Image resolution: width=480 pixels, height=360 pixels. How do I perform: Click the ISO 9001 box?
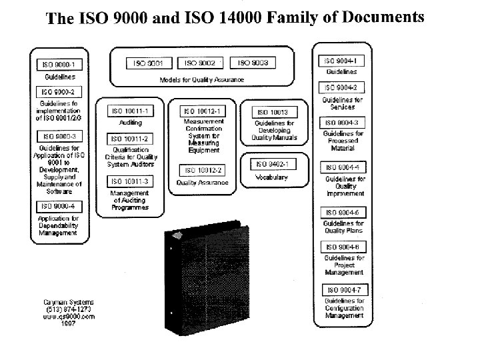(x=149, y=63)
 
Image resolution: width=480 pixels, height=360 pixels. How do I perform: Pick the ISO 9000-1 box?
(x=59, y=65)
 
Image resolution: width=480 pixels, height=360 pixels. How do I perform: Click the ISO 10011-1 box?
(x=129, y=111)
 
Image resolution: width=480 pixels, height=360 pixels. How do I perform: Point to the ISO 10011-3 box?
(x=129, y=181)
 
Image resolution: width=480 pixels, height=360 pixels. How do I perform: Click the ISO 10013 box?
(x=272, y=112)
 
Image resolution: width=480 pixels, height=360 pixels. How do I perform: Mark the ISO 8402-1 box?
(x=272, y=164)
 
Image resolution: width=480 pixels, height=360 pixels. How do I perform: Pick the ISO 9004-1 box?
(x=341, y=60)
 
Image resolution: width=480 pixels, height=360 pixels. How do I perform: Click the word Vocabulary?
(x=271, y=178)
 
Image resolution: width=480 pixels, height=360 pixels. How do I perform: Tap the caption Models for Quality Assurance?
(x=202, y=79)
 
